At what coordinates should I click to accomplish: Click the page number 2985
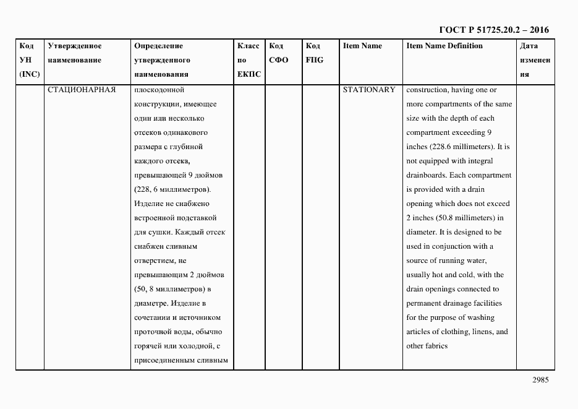(x=539, y=381)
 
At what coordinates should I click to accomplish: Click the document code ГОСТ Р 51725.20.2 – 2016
(x=493, y=30)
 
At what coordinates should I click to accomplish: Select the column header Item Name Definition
(x=444, y=46)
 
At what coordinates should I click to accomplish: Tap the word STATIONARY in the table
(x=369, y=90)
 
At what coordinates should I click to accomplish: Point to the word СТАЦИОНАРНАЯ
(x=82, y=90)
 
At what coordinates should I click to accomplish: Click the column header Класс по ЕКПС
(x=249, y=60)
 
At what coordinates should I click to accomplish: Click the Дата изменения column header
(x=535, y=60)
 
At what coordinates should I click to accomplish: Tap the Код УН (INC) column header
(x=29, y=60)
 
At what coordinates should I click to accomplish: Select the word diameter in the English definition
(x=421, y=232)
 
